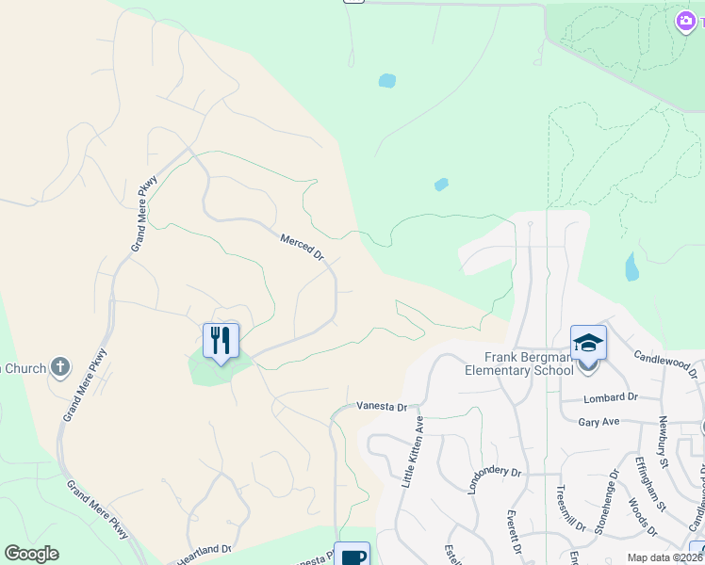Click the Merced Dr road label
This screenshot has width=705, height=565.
302,248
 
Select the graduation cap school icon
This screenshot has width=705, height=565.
587,343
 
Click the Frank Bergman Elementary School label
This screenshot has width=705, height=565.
518,363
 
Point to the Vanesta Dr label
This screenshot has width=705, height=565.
381,407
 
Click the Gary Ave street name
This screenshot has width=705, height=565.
598,422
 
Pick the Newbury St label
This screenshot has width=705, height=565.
663,442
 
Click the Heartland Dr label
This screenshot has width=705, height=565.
204,550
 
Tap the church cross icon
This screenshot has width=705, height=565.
60,365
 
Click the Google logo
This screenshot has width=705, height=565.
31,554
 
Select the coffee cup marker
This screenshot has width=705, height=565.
352,556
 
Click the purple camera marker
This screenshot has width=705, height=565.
686,21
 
